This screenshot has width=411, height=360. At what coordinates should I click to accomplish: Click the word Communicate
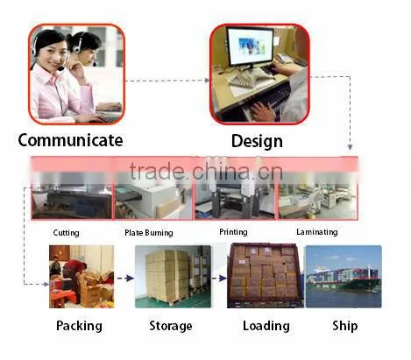tap(70, 140)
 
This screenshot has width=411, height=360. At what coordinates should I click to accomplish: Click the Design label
tap(257, 142)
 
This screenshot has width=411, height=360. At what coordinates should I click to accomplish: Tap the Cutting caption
tap(66, 233)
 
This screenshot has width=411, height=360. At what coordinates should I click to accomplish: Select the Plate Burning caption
tap(149, 233)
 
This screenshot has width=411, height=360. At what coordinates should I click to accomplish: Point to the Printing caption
tap(233, 232)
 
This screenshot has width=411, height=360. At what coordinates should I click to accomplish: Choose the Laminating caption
tap(317, 232)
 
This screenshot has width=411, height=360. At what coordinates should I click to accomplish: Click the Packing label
tap(79, 326)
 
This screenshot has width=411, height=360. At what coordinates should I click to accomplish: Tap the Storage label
tap(171, 326)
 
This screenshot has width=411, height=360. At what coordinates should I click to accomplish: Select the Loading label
tap(266, 326)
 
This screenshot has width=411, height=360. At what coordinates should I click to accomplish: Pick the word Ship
tap(345, 326)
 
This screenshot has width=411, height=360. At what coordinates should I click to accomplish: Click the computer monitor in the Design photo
tap(251, 46)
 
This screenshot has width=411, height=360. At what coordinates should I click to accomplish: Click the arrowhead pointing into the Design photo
tap(207, 81)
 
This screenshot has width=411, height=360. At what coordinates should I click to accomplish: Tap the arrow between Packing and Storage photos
tap(125, 279)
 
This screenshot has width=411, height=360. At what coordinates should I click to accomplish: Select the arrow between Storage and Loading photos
tap(219, 279)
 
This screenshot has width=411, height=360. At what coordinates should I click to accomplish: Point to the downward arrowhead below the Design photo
tap(350, 147)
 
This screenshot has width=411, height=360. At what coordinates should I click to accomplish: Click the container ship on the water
tap(344, 279)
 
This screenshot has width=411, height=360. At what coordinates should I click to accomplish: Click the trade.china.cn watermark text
tap(206, 172)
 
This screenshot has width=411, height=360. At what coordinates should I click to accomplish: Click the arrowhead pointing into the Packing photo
tap(46, 284)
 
